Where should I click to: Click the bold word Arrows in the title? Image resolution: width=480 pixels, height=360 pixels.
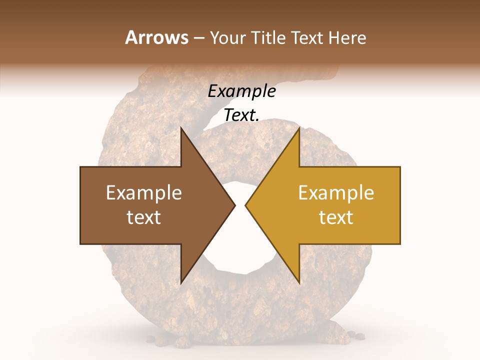click(x=156, y=37)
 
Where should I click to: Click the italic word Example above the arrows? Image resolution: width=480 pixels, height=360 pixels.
click(x=241, y=91)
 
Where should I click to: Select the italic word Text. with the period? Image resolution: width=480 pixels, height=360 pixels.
click(x=241, y=115)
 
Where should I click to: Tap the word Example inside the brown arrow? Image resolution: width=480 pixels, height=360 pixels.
click(x=143, y=193)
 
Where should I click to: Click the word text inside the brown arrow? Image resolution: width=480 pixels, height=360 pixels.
click(x=143, y=217)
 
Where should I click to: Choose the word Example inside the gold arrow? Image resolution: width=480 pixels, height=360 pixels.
click(x=336, y=193)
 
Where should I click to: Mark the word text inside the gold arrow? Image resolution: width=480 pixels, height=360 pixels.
click(x=336, y=217)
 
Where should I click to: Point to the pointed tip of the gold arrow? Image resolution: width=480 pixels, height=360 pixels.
click(x=246, y=205)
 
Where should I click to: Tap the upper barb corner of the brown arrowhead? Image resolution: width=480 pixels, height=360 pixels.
click(x=181, y=128)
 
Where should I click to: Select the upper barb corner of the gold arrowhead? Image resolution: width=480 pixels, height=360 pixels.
click(x=299, y=128)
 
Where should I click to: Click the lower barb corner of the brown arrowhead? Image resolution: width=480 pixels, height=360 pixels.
click(x=181, y=283)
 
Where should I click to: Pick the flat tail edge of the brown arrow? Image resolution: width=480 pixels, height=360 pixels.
click(x=80, y=205)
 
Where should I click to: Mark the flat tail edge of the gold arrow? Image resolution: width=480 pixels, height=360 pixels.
click(x=400, y=205)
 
